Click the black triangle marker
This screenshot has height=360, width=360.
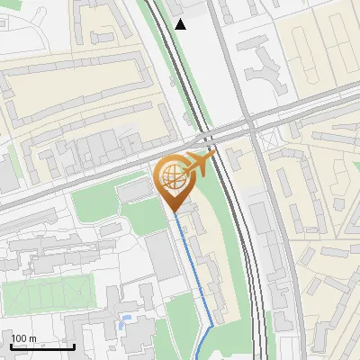coord(181,24)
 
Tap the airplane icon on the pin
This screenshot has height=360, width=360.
coord(200,164)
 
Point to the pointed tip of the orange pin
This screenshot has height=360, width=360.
coord(175,212)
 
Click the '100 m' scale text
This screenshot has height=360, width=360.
coord(24,338)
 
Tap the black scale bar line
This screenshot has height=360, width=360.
coord(42,346)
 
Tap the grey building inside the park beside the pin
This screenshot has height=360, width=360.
coord(134,191)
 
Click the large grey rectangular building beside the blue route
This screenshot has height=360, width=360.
coord(162,257)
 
